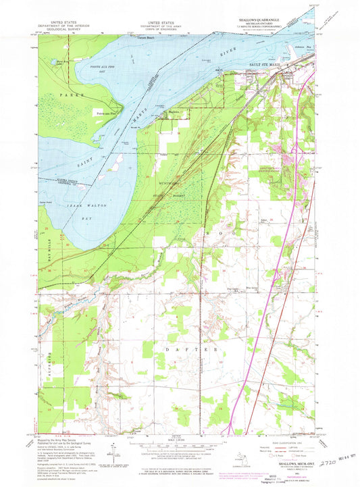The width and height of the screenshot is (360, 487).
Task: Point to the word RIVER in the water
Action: [230, 49]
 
